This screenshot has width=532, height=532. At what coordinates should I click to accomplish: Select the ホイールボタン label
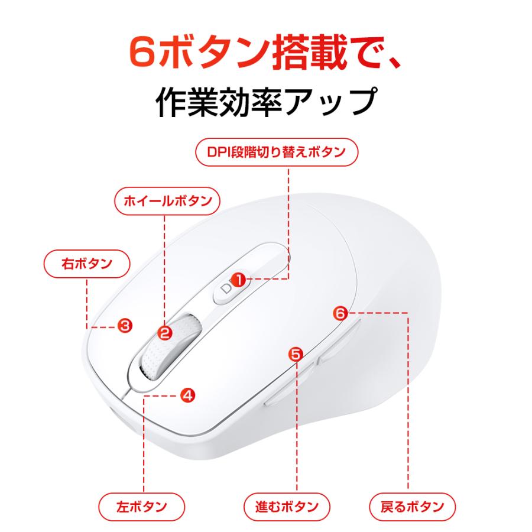pyautogui.click(x=167, y=201)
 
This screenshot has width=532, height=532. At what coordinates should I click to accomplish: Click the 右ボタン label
pyautogui.click(x=87, y=264)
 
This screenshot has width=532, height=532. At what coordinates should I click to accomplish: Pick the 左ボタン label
pyautogui.click(x=142, y=507)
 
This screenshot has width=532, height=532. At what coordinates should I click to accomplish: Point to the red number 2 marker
pyautogui.click(x=165, y=333)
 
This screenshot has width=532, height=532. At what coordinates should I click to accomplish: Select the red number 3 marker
pyautogui.click(x=125, y=325)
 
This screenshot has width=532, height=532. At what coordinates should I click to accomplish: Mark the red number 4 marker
pyautogui.click(x=187, y=395)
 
